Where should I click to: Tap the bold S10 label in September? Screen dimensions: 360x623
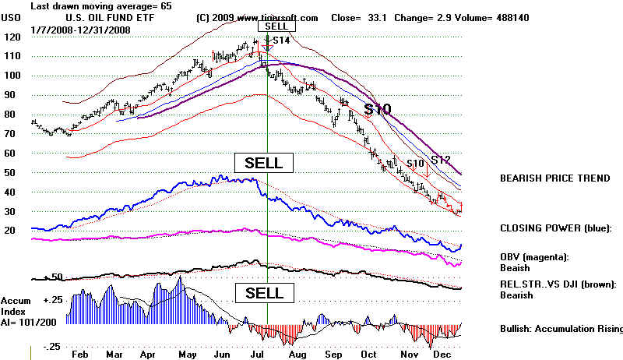(x=378, y=109)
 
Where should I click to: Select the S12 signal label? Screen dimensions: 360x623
(x=441, y=160)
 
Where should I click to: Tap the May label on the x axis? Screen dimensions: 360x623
(x=186, y=354)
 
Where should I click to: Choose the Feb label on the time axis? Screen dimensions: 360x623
(x=78, y=354)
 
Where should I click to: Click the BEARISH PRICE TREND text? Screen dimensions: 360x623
(x=554, y=178)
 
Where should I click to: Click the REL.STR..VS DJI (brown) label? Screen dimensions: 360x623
(x=558, y=284)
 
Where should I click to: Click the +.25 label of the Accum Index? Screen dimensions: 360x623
(x=52, y=300)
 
